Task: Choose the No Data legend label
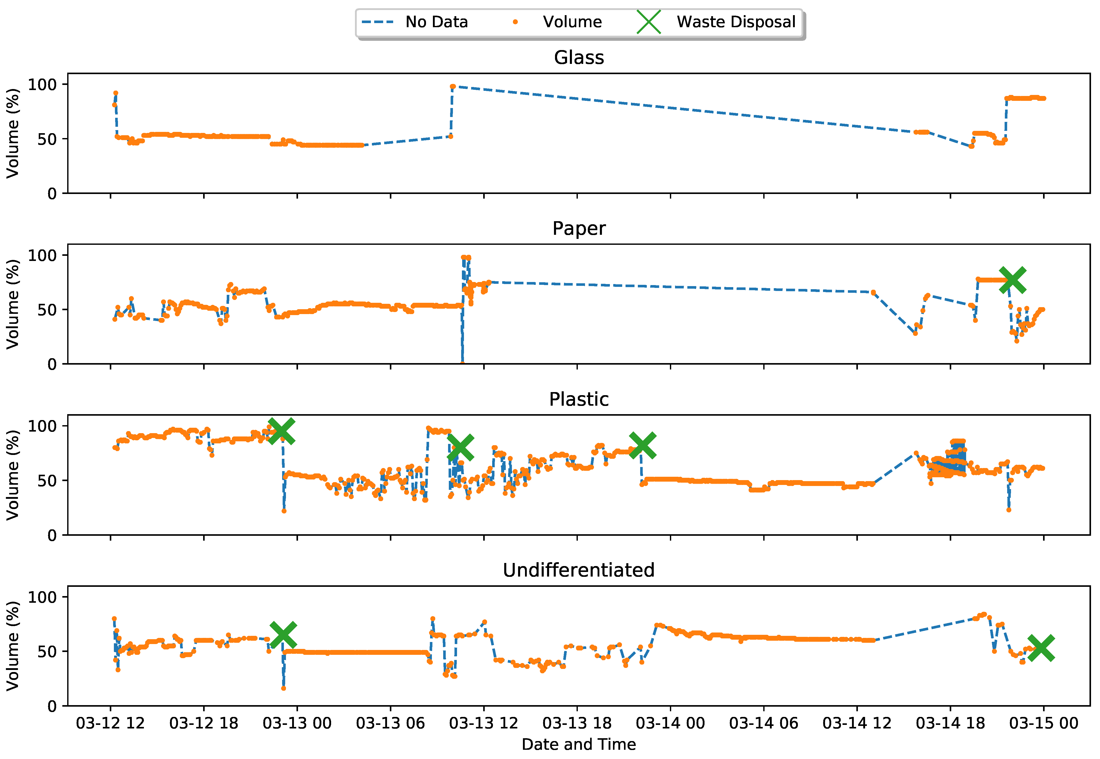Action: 437,22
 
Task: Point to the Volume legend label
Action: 572,22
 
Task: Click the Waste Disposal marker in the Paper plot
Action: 1012,280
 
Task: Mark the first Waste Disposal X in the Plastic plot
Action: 281,431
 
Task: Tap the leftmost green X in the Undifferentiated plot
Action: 283,634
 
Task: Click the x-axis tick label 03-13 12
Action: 483,723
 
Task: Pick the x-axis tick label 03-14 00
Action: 670,723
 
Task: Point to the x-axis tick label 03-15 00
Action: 1043,723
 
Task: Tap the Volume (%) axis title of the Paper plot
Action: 13,304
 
